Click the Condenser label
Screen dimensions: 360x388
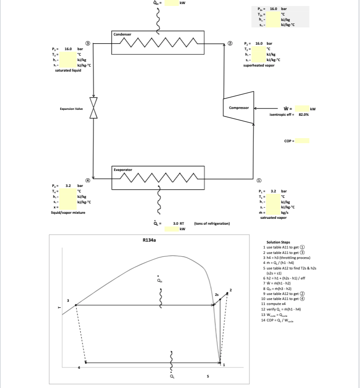[122, 35]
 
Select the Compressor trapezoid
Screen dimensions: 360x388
[238, 108]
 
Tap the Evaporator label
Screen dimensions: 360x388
[123, 170]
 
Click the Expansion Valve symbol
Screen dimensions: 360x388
[93, 108]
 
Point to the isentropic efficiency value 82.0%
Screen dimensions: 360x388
[303, 115]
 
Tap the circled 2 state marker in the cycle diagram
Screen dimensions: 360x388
[230, 44]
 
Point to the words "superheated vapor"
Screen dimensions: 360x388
[258, 65]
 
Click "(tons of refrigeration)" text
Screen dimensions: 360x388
[212, 224]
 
